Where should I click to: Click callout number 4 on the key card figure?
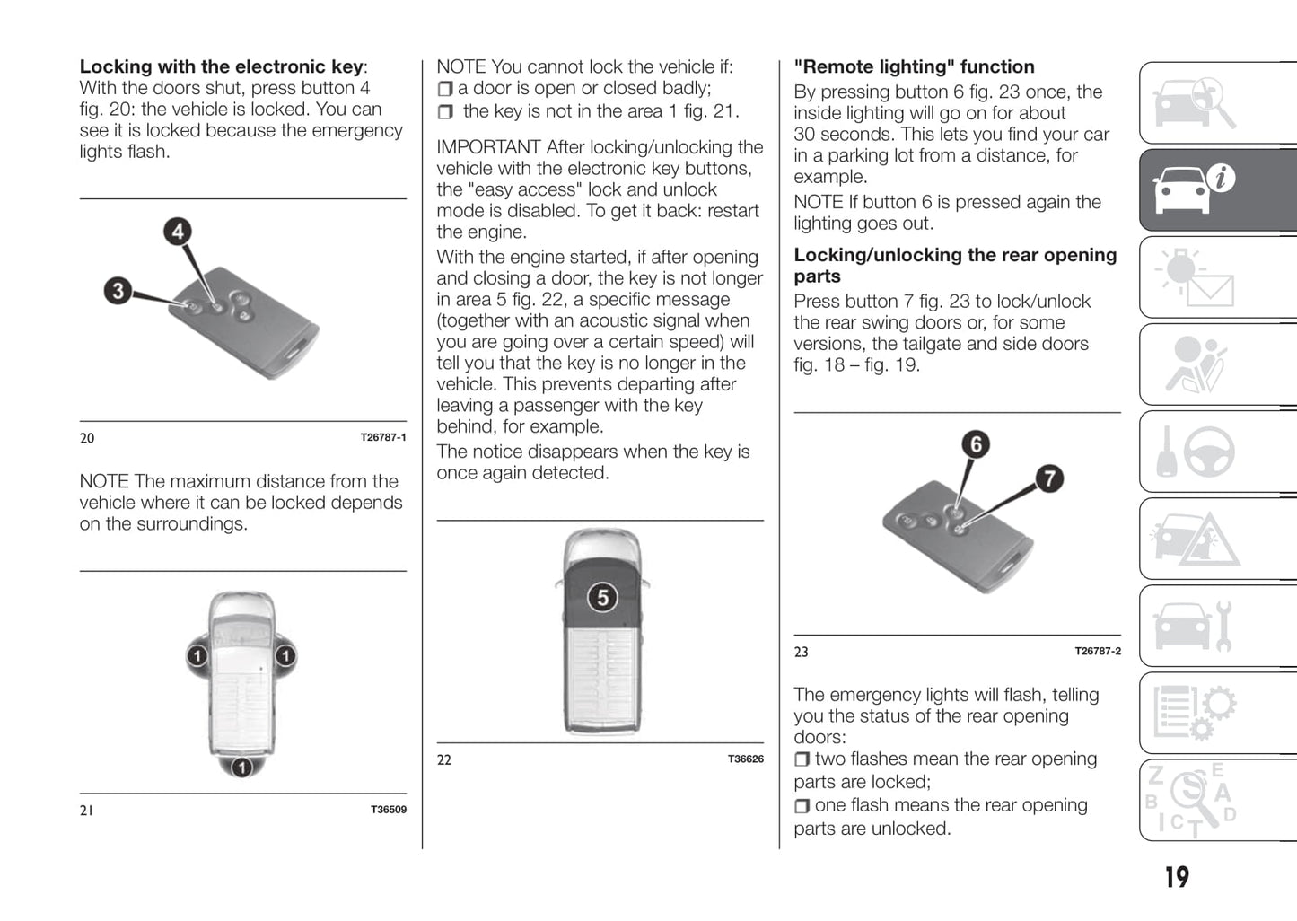(x=178, y=232)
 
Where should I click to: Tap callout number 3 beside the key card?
(x=118, y=291)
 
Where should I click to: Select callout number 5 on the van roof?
(x=602, y=598)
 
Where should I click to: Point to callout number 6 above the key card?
(x=976, y=444)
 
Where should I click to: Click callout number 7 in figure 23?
(x=1048, y=478)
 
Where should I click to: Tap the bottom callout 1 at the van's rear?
(x=241, y=767)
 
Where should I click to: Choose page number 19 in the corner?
(x=1176, y=877)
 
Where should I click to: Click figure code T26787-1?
(x=382, y=438)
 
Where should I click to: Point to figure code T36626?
(x=745, y=759)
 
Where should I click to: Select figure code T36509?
(x=388, y=810)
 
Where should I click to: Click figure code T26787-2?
(x=1097, y=652)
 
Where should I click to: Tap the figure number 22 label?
(x=444, y=760)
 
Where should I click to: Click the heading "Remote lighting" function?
(x=914, y=67)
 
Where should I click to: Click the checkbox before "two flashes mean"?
(x=802, y=759)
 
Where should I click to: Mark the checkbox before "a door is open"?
(x=445, y=89)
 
